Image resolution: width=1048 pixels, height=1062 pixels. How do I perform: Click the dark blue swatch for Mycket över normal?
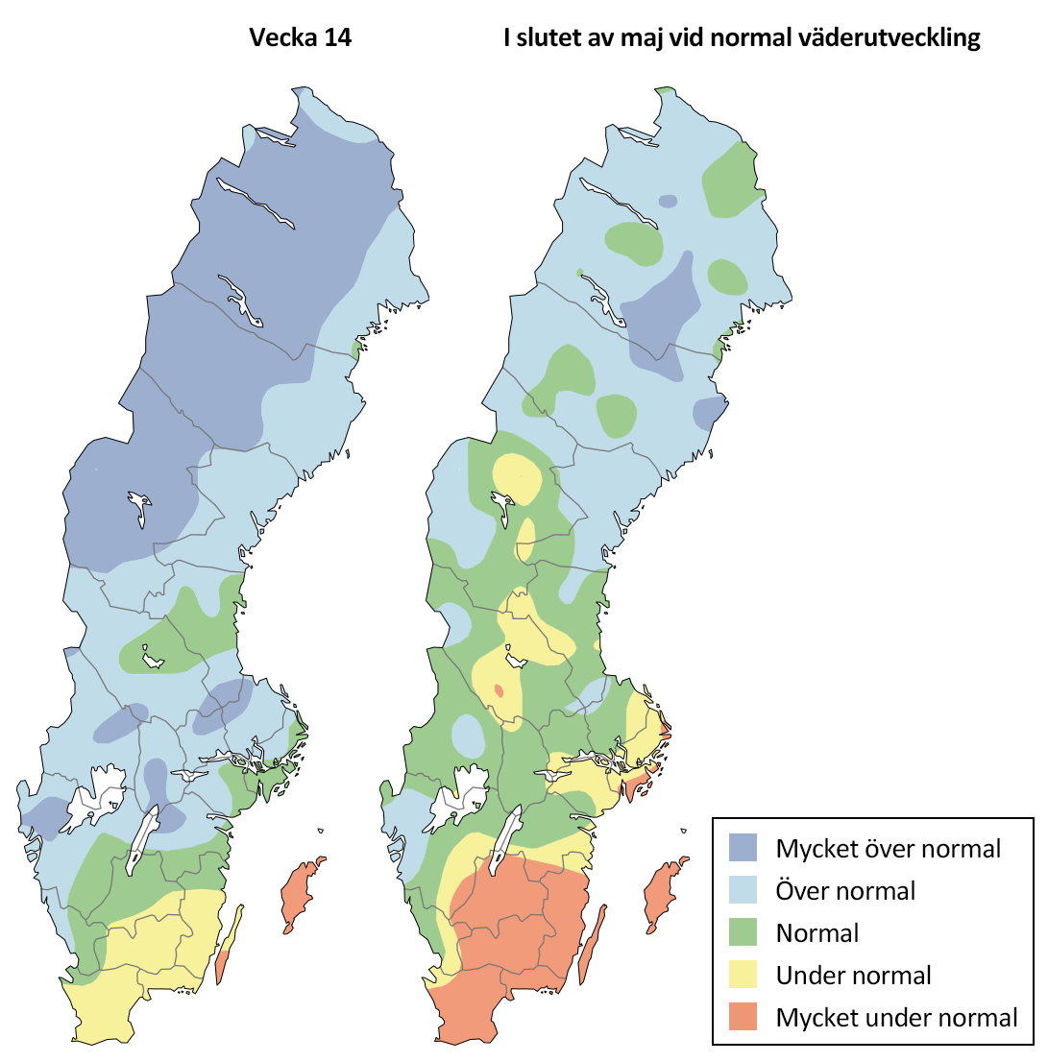[x=744, y=848]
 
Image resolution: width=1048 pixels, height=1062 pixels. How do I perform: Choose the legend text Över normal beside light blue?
[x=845, y=890]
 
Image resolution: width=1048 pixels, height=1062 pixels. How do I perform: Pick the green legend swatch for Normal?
[x=744, y=932]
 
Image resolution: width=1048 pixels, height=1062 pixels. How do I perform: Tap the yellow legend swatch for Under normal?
[x=744, y=976]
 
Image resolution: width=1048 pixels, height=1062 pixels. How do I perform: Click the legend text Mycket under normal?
[x=896, y=1018]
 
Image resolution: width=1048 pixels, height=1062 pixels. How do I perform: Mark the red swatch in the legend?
[x=744, y=1018]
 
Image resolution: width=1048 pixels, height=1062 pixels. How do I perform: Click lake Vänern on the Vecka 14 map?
[x=98, y=792]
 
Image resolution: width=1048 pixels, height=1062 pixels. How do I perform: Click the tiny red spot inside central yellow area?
[x=499, y=690]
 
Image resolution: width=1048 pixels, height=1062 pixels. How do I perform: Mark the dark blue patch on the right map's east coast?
[x=708, y=413]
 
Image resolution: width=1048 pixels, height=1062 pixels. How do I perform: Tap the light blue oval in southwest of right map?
[x=468, y=736]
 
